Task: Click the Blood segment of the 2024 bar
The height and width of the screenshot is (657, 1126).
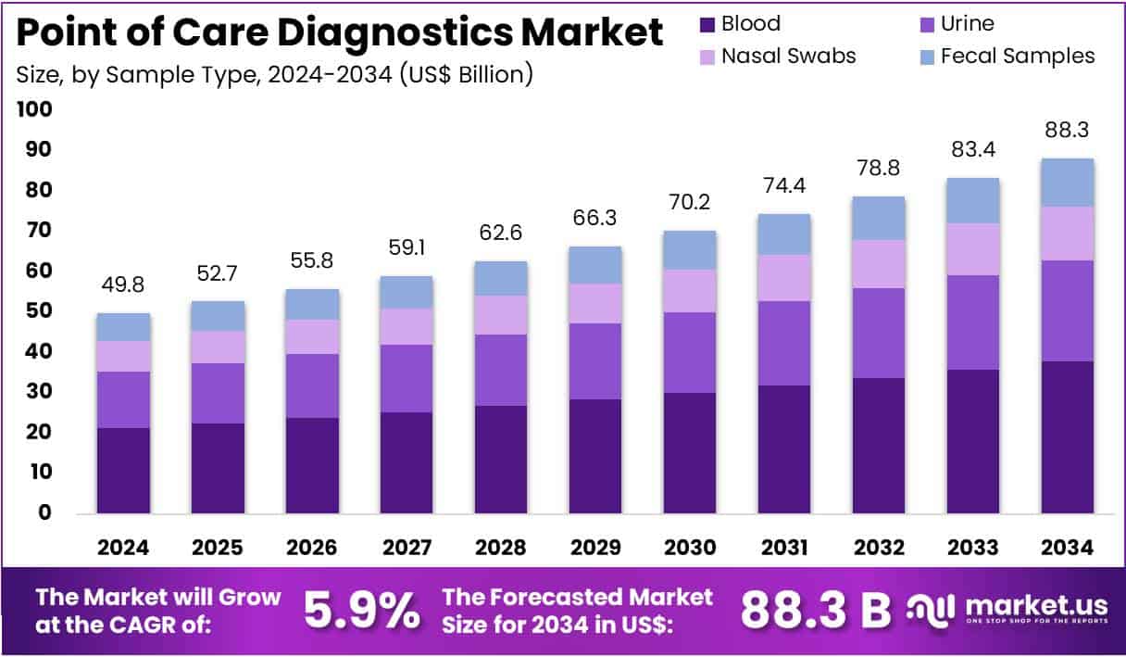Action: pos(123,470)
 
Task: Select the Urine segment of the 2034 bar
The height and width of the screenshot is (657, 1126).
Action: pos(1068,310)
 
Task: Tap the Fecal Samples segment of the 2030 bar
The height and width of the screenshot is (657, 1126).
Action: pos(690,250)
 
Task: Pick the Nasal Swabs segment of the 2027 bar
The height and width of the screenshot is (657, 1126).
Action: pos(407,326)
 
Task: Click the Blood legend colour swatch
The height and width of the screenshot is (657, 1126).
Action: pos(707,24)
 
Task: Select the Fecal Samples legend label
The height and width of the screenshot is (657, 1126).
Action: pos(1017,56)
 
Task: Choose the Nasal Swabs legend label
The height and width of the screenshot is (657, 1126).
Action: pos(788,56)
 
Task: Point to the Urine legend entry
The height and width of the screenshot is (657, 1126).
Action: pos(966,24)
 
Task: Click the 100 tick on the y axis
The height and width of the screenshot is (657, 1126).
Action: pos(35,109)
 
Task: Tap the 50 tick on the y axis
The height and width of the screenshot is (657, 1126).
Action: pos(37,311)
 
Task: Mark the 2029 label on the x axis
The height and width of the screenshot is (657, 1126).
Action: pos(595,549)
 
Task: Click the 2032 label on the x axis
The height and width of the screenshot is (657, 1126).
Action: pos(879,549)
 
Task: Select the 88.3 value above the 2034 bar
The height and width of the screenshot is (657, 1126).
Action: pos(1068,130)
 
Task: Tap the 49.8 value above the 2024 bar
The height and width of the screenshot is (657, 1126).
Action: pos(123,284)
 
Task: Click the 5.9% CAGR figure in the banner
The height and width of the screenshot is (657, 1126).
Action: pos(361,610)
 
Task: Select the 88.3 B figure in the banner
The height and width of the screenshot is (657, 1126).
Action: pos(815,610)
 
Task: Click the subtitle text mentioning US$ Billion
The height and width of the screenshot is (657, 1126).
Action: pos(275,74)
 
